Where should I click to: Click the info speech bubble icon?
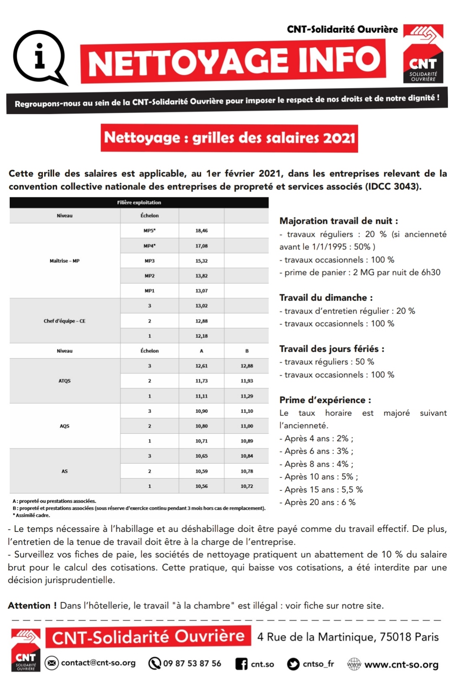tap(40, 57)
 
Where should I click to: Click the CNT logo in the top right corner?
tap(423, 53)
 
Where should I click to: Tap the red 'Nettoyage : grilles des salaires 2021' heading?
tap(229, 138)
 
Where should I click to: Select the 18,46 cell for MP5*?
tap(201, 231)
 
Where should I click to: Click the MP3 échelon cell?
tap(149, 261)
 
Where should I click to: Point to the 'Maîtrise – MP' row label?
tap(65, 261)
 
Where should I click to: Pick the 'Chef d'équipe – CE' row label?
tap(65, 321)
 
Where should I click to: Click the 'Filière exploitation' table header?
tap(139, 202)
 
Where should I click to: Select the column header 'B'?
tap(247, 351)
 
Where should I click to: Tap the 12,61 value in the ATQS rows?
tap(201, 366)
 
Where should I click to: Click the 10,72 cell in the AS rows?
tap(247, 486)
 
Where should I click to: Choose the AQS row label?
tap(65, 426)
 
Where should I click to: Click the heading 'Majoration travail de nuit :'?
tap(338, 221)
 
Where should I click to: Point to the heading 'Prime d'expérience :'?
tap(325, 400)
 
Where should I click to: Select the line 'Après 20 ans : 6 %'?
tap(320, 502)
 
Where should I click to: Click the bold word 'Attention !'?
tap(32, 606)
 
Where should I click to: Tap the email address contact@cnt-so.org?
tap(98, 663)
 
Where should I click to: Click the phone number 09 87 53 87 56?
tap(192, 663)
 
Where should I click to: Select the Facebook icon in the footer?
tap(241, 664)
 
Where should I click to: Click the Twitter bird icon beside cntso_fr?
tap(293, 664)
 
